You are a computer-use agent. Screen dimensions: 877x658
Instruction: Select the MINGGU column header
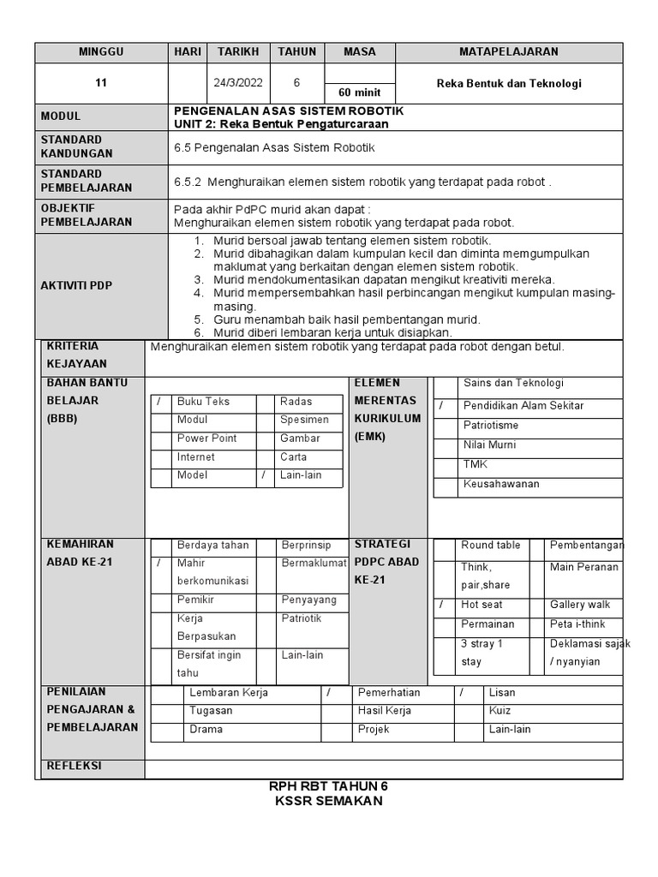point(101,52)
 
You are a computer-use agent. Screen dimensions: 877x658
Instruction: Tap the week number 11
point(101,83)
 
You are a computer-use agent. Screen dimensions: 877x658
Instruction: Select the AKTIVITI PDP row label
point(76,285)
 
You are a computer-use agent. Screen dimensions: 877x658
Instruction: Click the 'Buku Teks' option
point(203,402)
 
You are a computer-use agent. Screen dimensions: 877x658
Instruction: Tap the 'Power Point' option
point(206,438)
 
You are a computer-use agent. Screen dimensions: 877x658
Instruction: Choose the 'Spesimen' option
point(304,421)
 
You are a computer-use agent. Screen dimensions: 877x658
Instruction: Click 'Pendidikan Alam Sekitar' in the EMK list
point(523,406)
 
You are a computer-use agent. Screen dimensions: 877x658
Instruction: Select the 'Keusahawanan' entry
point(501,485)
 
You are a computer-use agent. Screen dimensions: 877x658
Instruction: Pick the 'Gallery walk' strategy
point(580,606)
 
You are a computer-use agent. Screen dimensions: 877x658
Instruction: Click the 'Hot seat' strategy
point(482,606)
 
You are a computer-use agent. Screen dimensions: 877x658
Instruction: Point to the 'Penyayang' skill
point(308,600)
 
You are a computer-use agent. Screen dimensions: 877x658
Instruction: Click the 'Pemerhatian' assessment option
point(389,692)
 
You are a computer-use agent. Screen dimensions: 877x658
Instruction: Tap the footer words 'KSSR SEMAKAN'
point(328,802)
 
